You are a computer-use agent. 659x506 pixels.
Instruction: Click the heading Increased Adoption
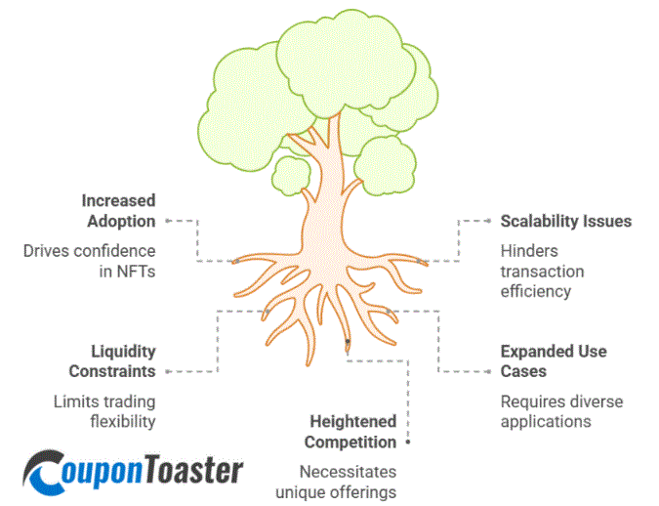[118, 210]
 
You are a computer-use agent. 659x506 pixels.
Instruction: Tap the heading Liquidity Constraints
[111, 360]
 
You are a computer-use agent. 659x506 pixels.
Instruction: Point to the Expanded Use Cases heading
[553, 360]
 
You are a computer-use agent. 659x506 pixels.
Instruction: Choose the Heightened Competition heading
[352, 431]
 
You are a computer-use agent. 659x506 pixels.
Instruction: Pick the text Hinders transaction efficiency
[542, 271]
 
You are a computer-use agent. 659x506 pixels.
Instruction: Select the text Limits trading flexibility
[103, 411]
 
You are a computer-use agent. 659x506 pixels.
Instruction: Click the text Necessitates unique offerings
[336, 481]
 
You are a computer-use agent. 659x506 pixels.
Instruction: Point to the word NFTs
[134, 272]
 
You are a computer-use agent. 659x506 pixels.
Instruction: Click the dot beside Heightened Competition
[407, 443]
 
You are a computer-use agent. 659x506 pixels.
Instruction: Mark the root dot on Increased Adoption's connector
[234, 262]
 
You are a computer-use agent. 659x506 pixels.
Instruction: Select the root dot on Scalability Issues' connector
[421, 262]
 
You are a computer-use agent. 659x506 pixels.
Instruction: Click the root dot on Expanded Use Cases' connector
[389, 312]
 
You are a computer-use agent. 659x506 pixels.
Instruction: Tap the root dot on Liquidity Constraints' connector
[267, 312]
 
